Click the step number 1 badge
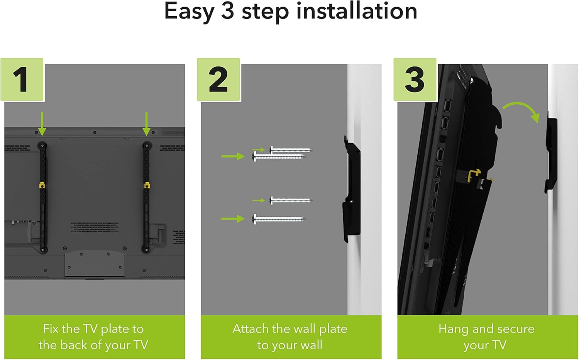[x=22, y=80]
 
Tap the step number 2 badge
[x=218, y=80]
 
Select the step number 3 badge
[x=415, y=80]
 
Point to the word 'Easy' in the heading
[x=189, y=12]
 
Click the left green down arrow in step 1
[x=42, y=124]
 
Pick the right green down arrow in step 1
[x=146, y=124]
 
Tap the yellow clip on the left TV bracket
[x=42, y=186]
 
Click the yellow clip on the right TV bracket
[x=146, y=186]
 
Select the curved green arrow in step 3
[x=521, y=110]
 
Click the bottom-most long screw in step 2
[x=279, y=219]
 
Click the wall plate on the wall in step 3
[x=551, y=155]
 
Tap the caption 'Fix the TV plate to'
[x=93, y=329]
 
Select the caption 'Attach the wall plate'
[x=290, y=329]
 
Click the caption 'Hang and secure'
[x=486, y=329]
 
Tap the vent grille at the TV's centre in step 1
[x=95, y=227]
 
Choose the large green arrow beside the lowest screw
[x=233, y=219]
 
